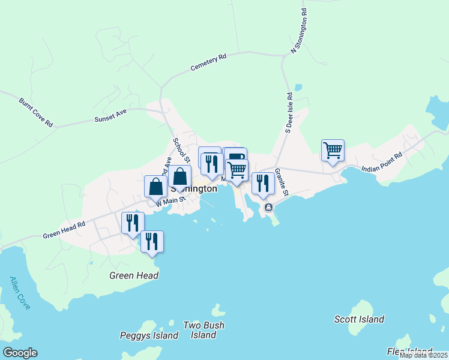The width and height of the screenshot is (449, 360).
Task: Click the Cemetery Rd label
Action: [209, 62]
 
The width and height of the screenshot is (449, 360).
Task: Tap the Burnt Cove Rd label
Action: [36, 112]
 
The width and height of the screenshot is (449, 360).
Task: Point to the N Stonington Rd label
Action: [299, 31]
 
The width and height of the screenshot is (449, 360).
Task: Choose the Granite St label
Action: [282, 181]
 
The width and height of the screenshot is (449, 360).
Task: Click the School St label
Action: [181, 151]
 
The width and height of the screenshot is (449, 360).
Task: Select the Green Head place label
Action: [134, 275]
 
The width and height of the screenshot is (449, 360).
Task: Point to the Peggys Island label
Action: [149, 335]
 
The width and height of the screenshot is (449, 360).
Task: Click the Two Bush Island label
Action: [203, 330]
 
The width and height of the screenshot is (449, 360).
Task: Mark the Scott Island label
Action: [359, 319]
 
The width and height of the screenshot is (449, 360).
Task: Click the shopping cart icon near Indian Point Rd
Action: [333, 150]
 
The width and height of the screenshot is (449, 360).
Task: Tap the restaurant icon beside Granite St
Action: [263, 183]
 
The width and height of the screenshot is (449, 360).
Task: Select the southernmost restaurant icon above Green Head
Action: [152, 241]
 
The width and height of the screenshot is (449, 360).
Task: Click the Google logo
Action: [20, 353]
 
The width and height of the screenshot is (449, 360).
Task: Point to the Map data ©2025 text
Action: [423, 355]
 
